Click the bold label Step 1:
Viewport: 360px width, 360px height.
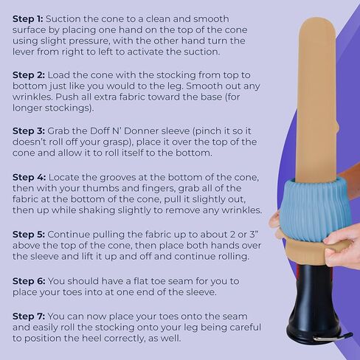click(28, 19)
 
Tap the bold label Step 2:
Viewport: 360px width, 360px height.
click(29, 75)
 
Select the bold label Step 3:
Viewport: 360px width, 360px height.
click(29, 131)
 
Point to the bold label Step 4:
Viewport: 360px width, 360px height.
click(30, 177)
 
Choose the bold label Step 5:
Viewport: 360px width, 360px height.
click(29, 235)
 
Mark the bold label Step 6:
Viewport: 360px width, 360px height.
click(29, 281)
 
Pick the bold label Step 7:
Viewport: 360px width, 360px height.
click(29, 316)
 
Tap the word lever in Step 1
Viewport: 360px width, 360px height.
click(23, 52)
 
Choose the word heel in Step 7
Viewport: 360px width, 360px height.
click(71, 338)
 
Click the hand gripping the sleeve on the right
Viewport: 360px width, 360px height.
click(342, 249)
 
